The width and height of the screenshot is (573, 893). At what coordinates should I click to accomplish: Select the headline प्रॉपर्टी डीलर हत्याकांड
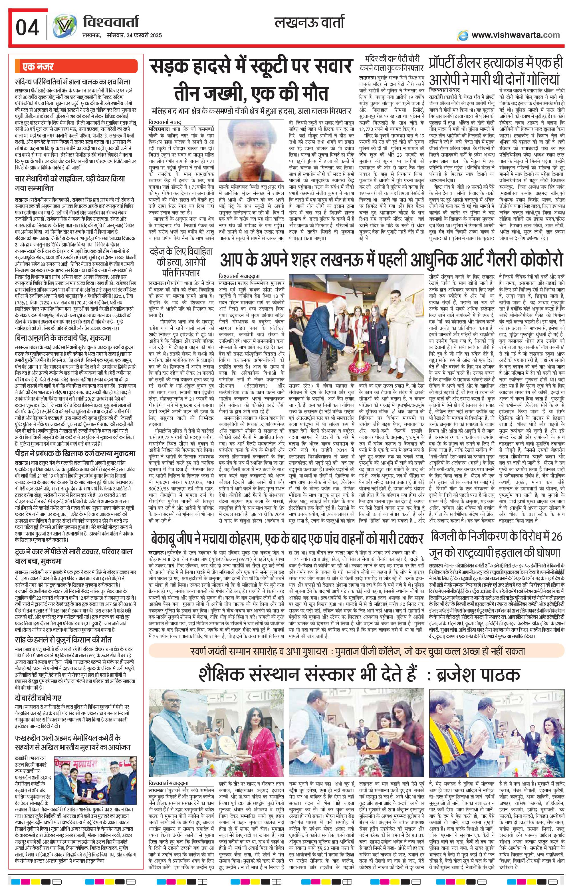point(495,71)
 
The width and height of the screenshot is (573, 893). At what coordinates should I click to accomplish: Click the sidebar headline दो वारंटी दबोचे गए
point(38,697)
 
